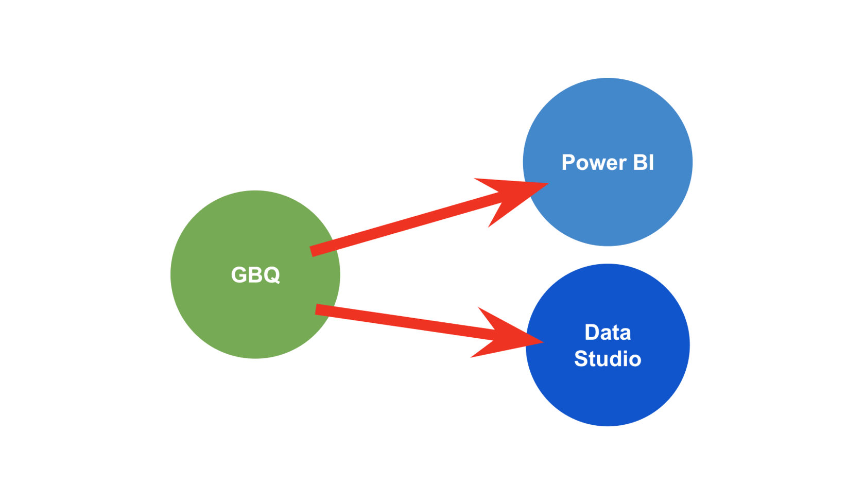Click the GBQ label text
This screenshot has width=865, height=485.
coord(255,275)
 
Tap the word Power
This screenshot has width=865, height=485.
coord(594,163)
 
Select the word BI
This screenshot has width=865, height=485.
coord(644,163)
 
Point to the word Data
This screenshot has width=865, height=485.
coord(608,333)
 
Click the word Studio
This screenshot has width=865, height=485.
coord(608,359)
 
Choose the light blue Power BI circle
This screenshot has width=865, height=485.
coord(608,118)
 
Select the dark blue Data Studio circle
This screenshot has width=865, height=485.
coord(608,396)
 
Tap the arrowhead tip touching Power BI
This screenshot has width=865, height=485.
coord(547,183)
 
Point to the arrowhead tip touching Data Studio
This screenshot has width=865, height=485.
coord(543,341)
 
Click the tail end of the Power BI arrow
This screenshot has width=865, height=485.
coord(313,251)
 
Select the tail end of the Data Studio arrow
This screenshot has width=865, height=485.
coord(317,309)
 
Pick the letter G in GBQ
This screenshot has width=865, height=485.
coord(239,275)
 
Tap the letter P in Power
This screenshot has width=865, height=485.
coord(568,163)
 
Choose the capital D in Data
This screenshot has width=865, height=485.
coord(593,333)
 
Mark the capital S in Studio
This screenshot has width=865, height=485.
coord(581,359)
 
